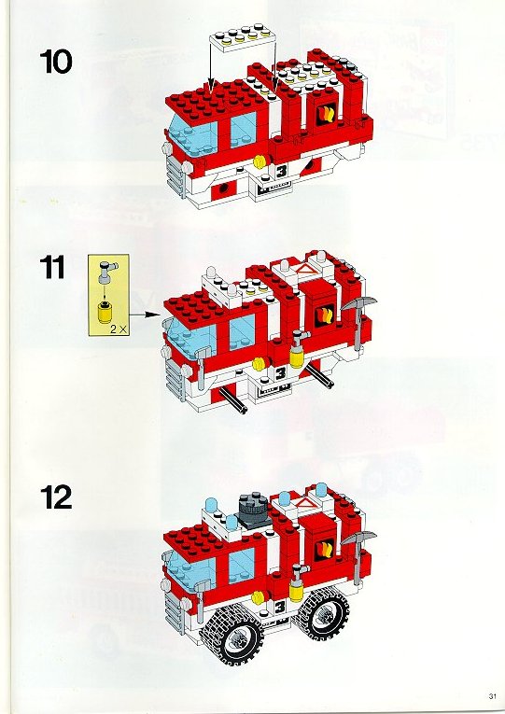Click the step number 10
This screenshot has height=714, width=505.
click(x=56, y=62)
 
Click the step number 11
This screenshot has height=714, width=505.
click(x=52, y=267)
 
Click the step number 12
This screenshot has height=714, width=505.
click(x=56, y=497)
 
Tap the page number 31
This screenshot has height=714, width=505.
click(x=491, y=696)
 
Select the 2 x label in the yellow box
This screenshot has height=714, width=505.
click(x=118, y=329)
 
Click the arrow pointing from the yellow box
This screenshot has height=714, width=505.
click(x=145, y=315)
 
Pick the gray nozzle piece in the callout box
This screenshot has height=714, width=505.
click(x=107, y=271)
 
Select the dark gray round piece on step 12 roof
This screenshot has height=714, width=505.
click(x=253, y=511)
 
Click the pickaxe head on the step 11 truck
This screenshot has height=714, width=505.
click(x=359, y=302)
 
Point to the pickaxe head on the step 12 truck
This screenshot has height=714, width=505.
click(x=358, y=538)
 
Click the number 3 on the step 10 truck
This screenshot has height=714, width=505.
click(x=281, y=171)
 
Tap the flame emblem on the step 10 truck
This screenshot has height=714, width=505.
click(x=326, y=113)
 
